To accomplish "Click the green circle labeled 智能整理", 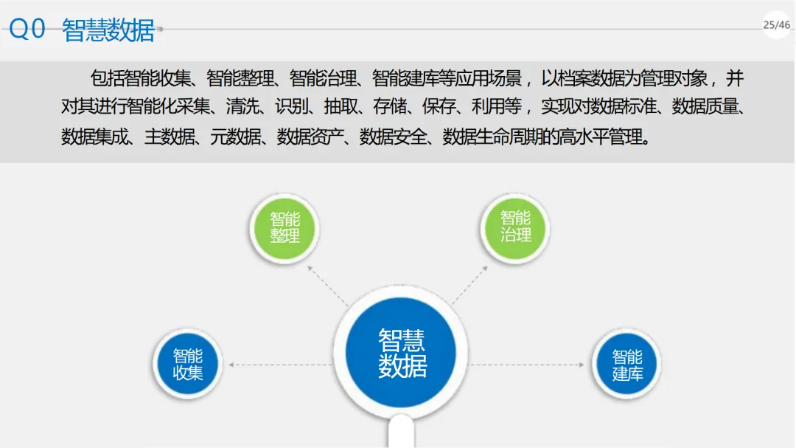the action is (284, 227).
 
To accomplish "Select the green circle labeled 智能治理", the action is (515, 227).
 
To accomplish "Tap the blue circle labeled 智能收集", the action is (187, 365).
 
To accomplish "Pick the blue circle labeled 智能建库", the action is (627, 365).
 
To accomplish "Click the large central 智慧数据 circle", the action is (402, 353).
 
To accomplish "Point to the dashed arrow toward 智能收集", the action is (280, 365).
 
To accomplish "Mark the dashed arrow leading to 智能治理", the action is (472, 284).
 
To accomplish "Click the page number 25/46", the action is (776, 25).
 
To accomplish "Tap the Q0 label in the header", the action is (28, 29).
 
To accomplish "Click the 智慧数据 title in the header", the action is (108, 30).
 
